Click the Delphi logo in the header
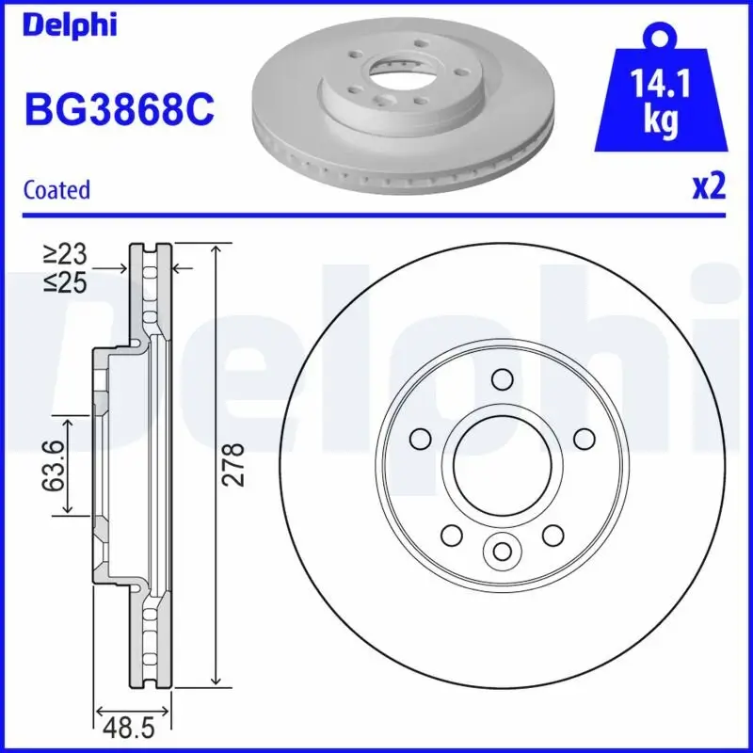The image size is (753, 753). [70, 25]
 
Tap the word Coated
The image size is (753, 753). [56, 189]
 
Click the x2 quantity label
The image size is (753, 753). [709, 186]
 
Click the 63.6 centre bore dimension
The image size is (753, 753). [56, 464]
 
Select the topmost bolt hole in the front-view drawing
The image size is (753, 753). [501, 379]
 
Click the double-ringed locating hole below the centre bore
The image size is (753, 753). [501, 549]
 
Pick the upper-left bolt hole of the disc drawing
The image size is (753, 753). [420, 439]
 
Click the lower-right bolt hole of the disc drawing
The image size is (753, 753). [551, 534]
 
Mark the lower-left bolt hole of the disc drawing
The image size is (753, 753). [451, 534]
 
